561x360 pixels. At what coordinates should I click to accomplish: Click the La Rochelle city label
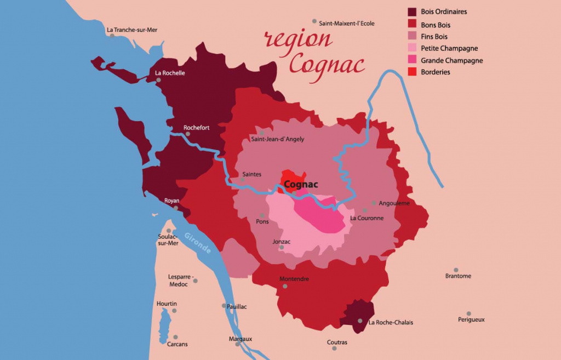click(x=170, y=73)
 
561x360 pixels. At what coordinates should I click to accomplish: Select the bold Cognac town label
click(x=301, y=185)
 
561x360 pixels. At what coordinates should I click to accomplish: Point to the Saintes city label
click(x=251, y=174)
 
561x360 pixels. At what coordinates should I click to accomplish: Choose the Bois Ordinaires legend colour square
click(x=413, y=12)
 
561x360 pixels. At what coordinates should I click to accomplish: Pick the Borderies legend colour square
click(x=413, y=72)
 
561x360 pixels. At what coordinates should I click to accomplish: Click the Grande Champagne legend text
click(x=451, y=60)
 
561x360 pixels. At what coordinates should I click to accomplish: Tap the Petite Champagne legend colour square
click(x=413, y=48)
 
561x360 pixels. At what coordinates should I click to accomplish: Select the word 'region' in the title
click(x=298, y=39)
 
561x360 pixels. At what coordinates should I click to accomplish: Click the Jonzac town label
click(x=281, y=242)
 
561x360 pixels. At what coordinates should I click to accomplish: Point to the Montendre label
click(x=294, y=279)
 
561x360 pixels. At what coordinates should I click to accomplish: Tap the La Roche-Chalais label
click(x=391, y=323)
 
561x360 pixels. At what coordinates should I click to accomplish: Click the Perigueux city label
click(x=471, y=319)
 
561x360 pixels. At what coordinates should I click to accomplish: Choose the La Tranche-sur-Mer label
click(x=132, y=30)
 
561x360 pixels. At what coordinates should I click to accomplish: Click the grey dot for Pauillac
click(x=224, y=306)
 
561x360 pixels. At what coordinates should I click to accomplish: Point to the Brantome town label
click(x=458, y=276)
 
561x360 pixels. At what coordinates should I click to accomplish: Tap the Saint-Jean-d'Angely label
click(x=277, y=139)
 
